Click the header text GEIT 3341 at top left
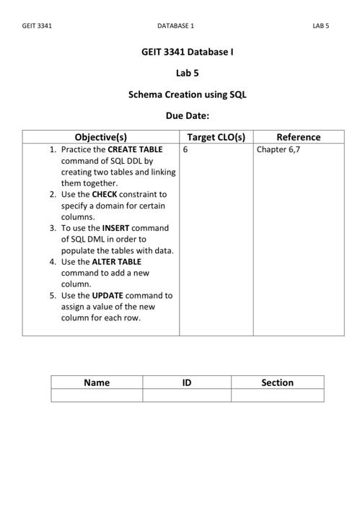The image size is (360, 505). [x=37, y=26]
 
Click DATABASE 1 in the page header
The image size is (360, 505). [x=175, y=26]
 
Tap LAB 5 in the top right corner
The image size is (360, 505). [x=320, y=26]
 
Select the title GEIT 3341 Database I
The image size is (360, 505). [x=187, y=52]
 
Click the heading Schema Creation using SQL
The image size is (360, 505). [x=187, y=95]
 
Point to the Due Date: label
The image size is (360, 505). [x=187, y=115]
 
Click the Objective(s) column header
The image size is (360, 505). [x=101, y=137]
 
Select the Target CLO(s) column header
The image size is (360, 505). [x=216, y=137]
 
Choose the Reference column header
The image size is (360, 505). [x=298, y=137]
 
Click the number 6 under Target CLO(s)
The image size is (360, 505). [x=185, y=150]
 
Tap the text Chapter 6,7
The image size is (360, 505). [x=278, y=150]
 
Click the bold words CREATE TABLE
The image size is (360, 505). [x=135, y=150]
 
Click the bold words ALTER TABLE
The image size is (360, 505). [x=117, y=261]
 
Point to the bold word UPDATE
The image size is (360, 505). [x=107, y=295]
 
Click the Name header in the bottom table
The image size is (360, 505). [x=97, y=382]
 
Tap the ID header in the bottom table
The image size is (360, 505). [x=187, y=382]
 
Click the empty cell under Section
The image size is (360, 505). [x=277, y=395]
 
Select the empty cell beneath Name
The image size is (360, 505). [x=97, y=395]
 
